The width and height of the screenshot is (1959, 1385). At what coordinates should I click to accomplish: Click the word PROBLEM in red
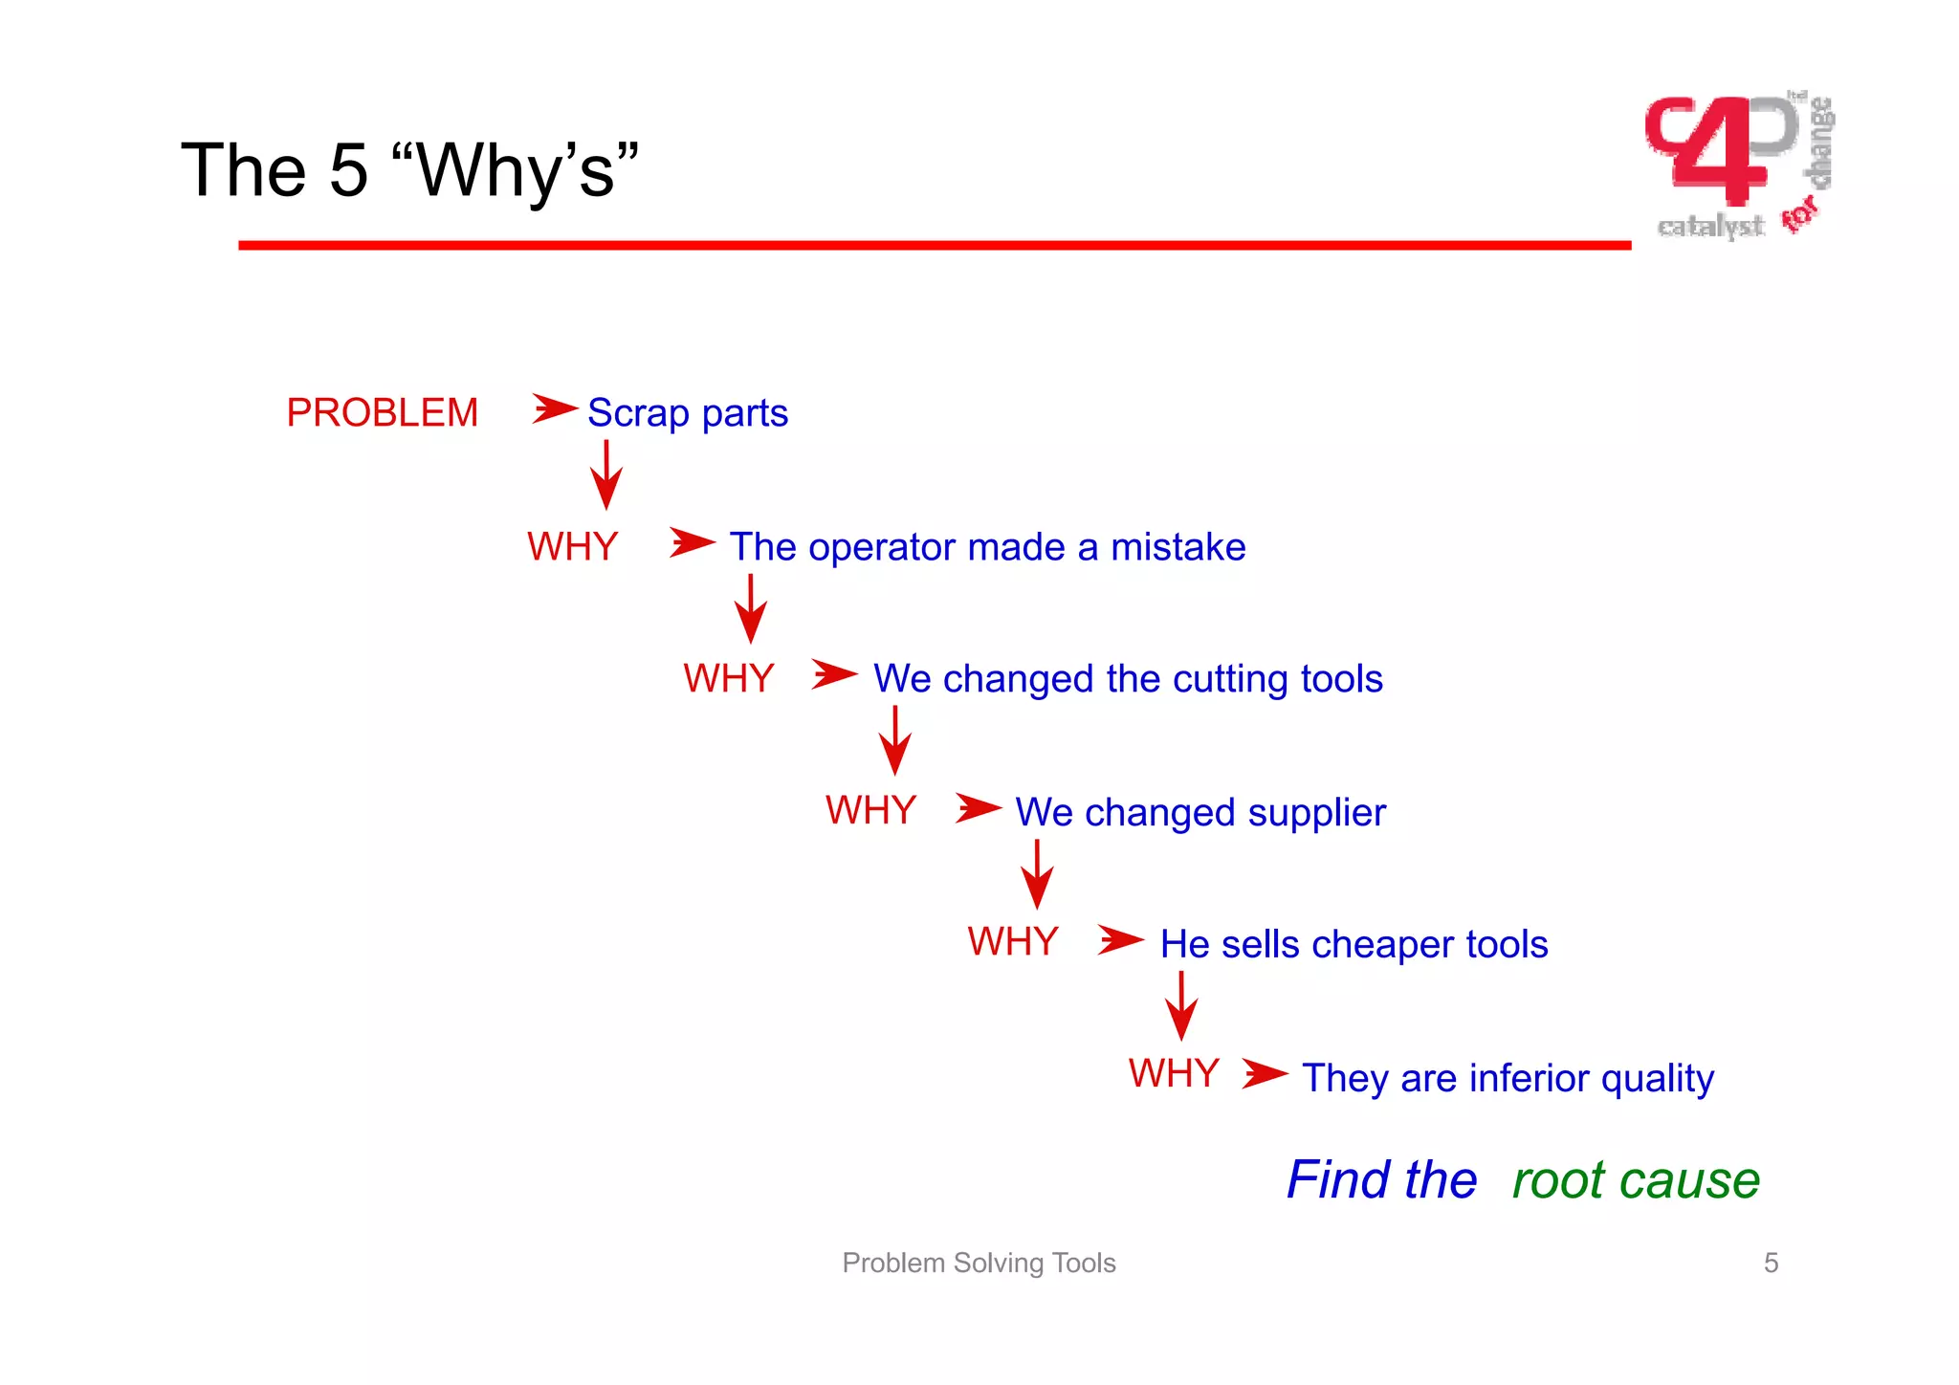tap(382, 413)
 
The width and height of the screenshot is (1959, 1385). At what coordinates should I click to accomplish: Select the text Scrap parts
tap(687, 413)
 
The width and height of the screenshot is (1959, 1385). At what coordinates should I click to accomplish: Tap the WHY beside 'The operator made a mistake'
tap(572, 547)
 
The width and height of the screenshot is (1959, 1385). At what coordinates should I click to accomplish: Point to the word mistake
tap(1178, 547)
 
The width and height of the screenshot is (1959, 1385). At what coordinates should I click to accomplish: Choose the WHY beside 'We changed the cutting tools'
tap(728, 679)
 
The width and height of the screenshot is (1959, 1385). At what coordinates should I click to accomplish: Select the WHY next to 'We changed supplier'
tap(870, 811)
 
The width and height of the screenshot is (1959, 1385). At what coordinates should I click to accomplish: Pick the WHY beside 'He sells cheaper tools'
tap(1012, 942)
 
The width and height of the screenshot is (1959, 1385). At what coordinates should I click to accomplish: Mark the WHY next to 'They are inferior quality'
tap(1174, 1074)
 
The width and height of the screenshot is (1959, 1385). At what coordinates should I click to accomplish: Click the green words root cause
tap(1636, 1180)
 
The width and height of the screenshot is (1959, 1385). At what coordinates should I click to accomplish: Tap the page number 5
tap(1771, 1264)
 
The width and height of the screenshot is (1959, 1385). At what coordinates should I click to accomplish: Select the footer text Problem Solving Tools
tap(979, 1264)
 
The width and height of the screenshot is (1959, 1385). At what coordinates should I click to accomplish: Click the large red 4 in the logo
tap(1722, 153)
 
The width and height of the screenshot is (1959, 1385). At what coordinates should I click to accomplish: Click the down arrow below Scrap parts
tap(606, 474)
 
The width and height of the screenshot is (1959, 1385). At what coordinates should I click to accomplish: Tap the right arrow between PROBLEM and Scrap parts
tap(555, 409)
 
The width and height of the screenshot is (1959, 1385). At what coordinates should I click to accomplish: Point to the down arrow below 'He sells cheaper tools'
tap(1181, 1006)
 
